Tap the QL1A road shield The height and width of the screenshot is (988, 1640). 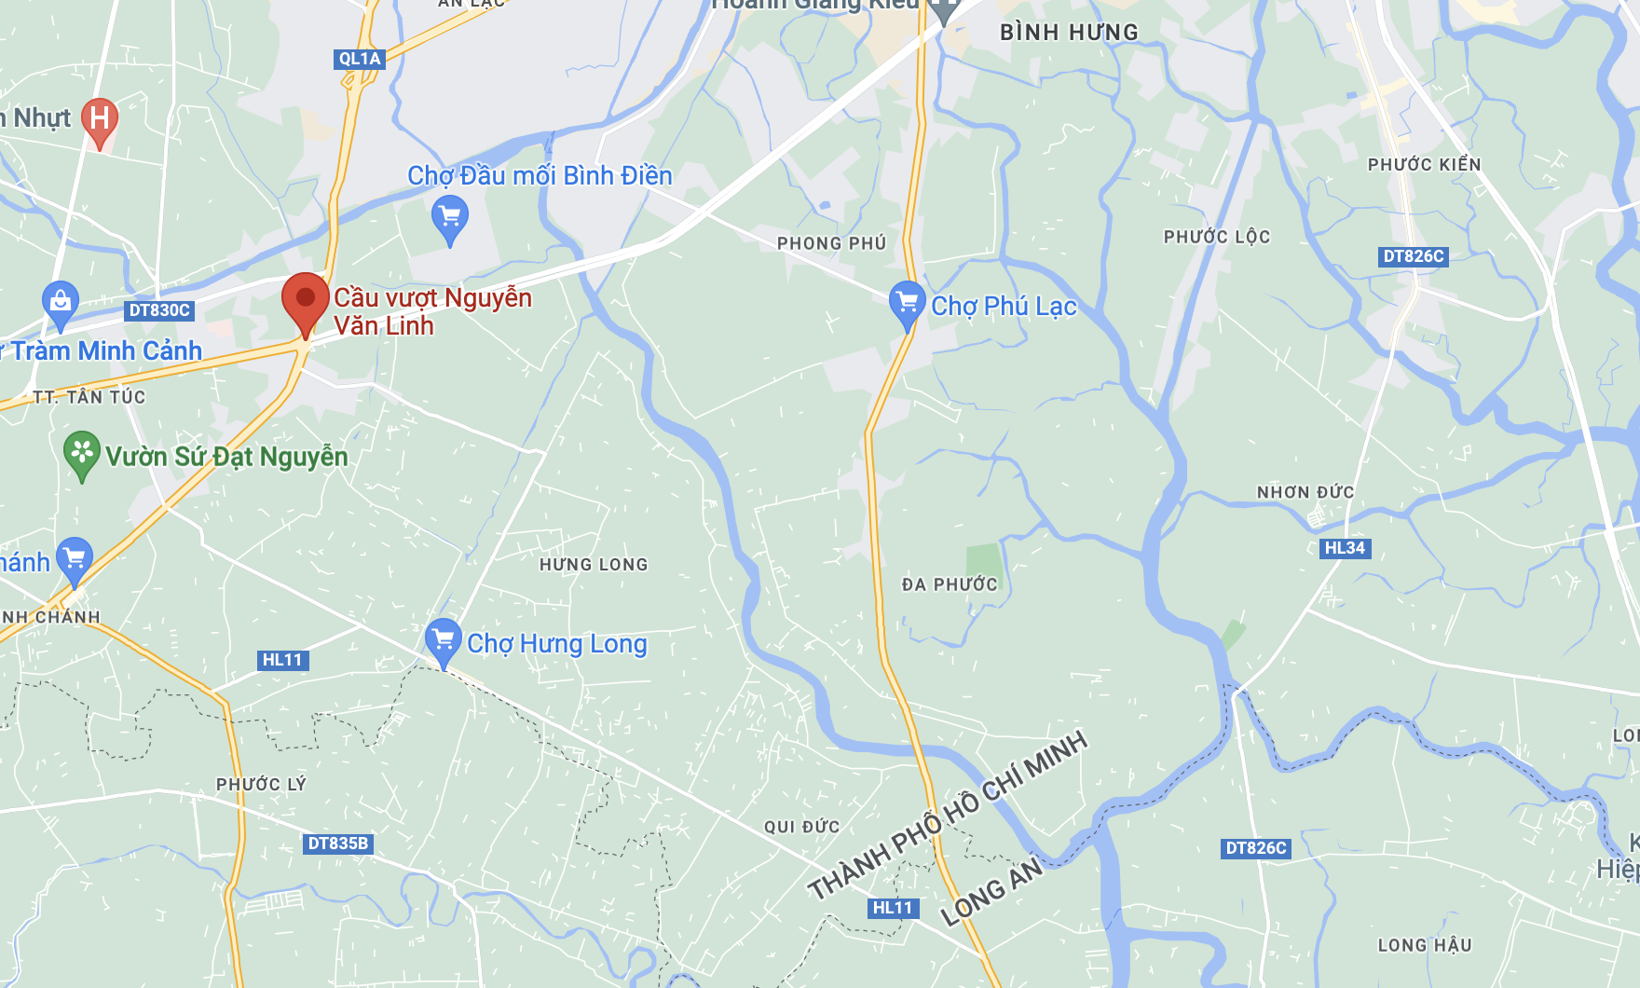tap(360, 59)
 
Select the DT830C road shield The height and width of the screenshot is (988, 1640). tap(159, 310)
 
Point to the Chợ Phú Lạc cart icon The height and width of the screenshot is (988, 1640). tap(907, 303)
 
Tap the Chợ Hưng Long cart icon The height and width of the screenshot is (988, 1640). tap(444, 640)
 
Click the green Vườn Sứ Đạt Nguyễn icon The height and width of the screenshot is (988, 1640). tap(82, 453)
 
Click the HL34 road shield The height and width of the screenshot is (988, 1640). tap(1345, 548)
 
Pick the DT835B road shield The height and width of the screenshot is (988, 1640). tap(338, 844)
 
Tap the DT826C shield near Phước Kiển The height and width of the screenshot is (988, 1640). tap(1414, 256)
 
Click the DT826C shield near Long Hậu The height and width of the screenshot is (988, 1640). tap(1256, 848)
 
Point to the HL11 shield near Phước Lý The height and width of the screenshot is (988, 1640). tap(282, 660)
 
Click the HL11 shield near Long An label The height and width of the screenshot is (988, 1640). tap(893, 908)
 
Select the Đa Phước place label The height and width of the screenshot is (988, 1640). tap(950, 584)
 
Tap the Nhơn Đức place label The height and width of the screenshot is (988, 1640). tap(1305, 492)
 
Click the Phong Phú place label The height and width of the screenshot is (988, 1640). tap(831, 243)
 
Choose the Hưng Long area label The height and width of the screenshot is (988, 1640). tap(594, 565)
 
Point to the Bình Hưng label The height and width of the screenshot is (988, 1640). tap(1069, 33)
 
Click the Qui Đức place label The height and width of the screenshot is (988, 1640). tap(801, 827)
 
